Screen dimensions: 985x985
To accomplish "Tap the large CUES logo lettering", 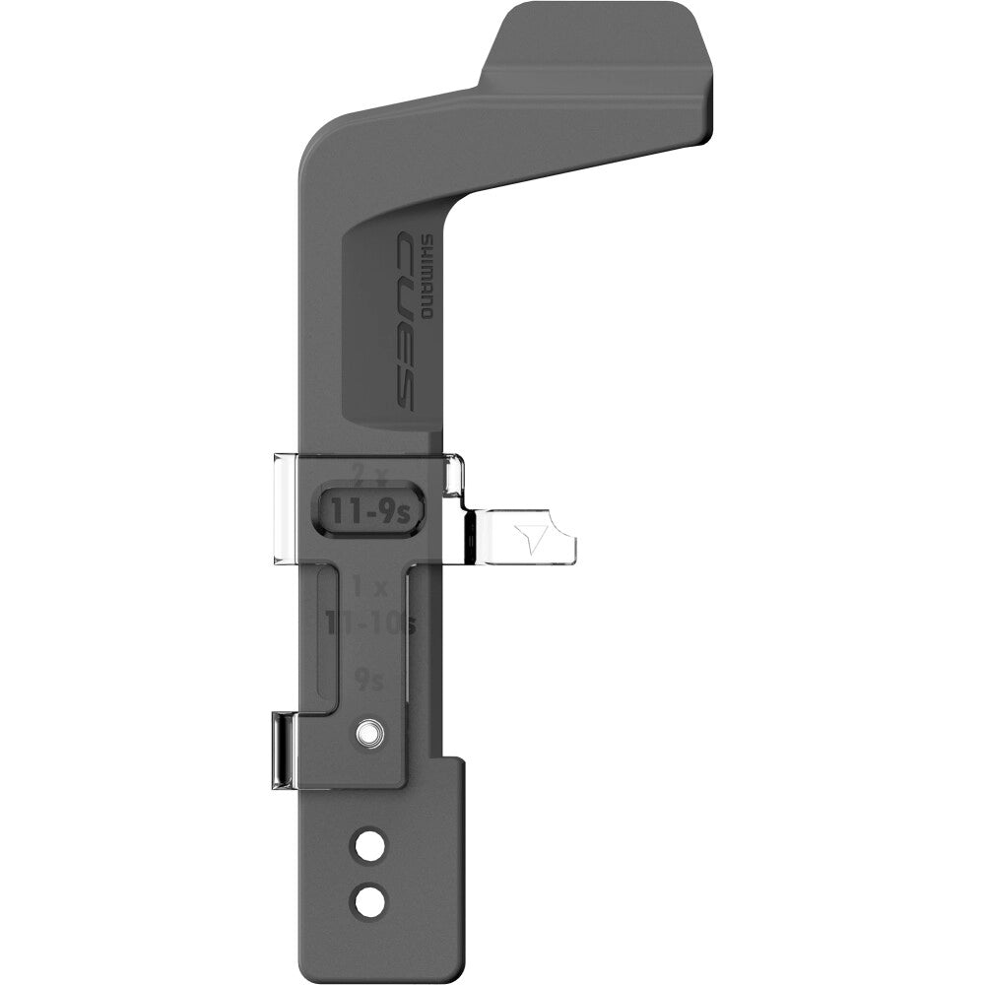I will click(405, 318).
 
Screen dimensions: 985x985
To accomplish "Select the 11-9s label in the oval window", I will click(370, 509).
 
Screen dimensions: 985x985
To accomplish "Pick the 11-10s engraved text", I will click(370, 623).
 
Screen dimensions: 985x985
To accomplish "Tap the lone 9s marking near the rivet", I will click(368, 678).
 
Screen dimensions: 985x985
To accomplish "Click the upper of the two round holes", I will click(369, 843).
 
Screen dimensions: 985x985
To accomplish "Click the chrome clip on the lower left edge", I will click(282, 751).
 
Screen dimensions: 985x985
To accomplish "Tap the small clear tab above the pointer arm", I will click(454, 475).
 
